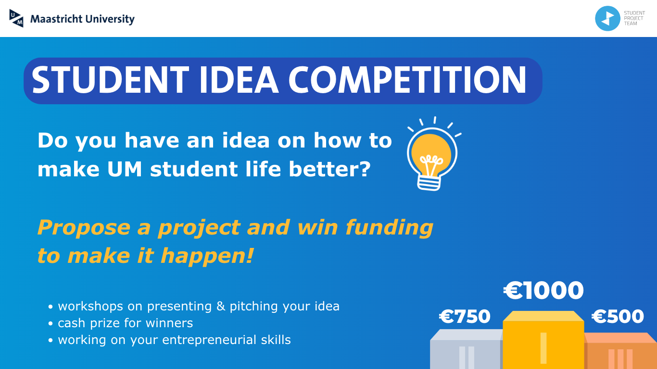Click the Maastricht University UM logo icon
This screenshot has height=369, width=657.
point(16,18)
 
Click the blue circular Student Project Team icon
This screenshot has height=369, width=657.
point(607,18)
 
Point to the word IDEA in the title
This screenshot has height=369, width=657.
point(239,80)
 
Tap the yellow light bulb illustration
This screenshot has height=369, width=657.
point(432,154)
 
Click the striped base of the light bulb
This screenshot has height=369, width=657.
point(429,183)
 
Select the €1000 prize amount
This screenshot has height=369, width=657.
point(543,291)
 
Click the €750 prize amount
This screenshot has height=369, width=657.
point(465,317)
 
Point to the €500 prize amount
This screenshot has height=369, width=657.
point(618,317)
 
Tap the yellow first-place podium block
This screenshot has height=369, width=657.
point(543,340)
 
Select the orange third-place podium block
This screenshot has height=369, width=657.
point(620,351)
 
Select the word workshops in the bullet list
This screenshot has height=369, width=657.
point(90,306)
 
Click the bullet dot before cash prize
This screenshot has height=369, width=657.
point(51,323)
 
